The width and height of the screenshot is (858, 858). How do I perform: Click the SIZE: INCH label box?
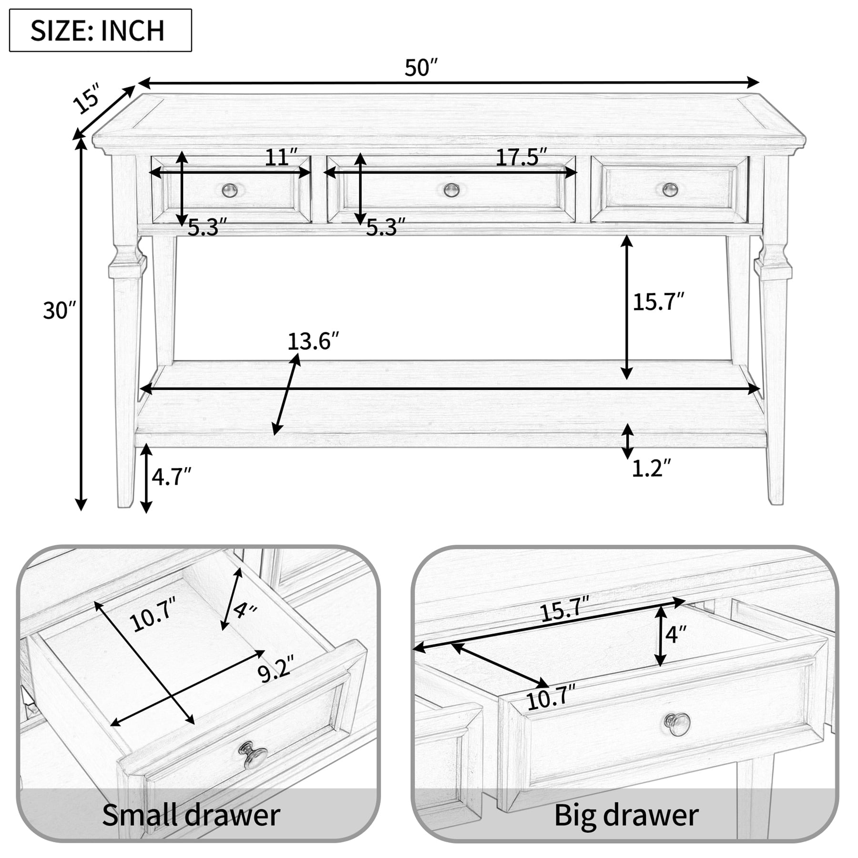tap(100, 30)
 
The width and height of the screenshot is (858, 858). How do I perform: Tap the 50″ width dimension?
tap(421, 68)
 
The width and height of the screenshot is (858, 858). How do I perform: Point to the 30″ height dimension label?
tap(59, 311)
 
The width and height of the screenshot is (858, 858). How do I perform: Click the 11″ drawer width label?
tap(281, 157)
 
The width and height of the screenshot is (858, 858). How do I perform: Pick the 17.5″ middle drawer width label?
tap(521, 157)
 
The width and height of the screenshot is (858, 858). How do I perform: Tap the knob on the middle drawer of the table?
tap(451, 190)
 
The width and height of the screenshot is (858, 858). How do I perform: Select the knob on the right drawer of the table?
tap(670, 190)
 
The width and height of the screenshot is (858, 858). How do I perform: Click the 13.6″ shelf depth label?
tap(313, 341)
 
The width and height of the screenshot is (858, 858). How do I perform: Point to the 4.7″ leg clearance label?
tap(171, 476)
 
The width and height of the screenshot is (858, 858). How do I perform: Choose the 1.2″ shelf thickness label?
tap(651, 469)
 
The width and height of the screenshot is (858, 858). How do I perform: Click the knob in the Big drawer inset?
tap(677, 724)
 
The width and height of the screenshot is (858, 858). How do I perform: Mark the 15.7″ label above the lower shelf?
tap(658, 302)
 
